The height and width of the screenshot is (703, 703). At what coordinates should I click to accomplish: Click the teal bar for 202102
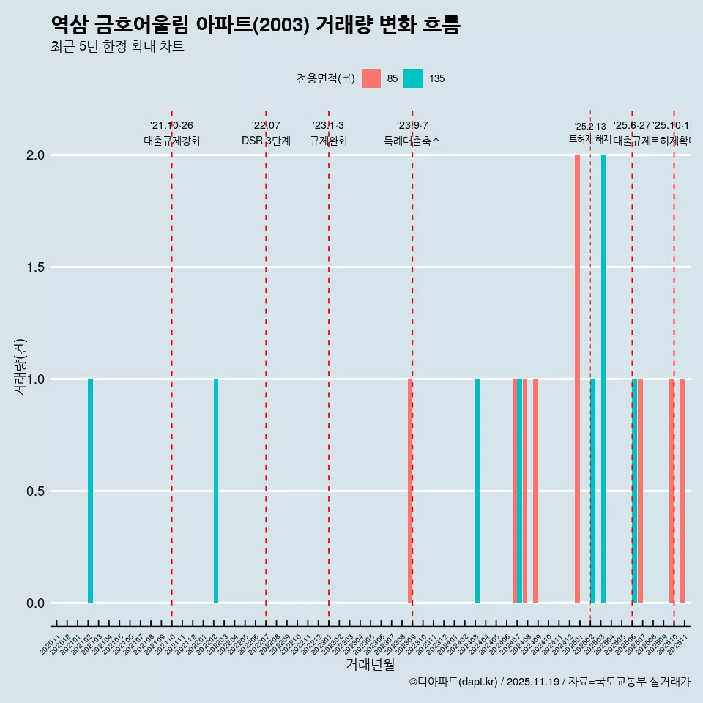pyautogui.click(x=90, y=491)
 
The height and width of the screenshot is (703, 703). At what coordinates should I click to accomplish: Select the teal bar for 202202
pyautogui.click(x=216, y=491)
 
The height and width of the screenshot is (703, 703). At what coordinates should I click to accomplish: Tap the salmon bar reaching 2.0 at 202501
pyautogui.click(x=577, y=379)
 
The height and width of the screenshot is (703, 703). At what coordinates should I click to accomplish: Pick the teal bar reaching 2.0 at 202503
pyautogui.click(x=603, y=379)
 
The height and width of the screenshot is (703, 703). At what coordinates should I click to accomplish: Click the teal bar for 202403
pyautogui.click(x=477, y=491)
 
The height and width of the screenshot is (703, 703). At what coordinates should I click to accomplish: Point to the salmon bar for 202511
pyautogui.click(x=682, y=491)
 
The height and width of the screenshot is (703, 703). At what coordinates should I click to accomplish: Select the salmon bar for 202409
pyautogui.click(x=535, y=491)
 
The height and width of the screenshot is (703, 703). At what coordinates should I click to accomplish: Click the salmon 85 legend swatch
pyautogui.click(x=371, y=78)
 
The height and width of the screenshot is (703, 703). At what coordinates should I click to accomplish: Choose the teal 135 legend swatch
pyautogui.click(x=414, y=78)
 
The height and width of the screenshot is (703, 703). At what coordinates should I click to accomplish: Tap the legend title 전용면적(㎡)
pyautogui.click(x=326, y=78)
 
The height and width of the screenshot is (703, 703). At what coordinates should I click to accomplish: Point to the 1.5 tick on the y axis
pyautogui.click(x=35, y=267)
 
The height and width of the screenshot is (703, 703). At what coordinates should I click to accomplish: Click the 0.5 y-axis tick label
pyautogui.click(x=35, y=491)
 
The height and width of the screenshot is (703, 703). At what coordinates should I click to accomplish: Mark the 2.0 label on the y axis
pyautogui.click(x=35, y=155)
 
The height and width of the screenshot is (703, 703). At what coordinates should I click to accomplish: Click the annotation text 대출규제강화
pyautogui.click(x=172, y=141)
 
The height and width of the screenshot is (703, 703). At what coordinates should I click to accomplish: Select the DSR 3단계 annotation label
pyautogui.click(x=266, y=141)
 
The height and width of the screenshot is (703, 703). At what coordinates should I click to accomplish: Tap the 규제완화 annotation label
pyautogui.click(x=328, y=141)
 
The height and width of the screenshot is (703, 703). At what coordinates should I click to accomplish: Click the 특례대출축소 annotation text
pyautogui.click(x=412, y=141)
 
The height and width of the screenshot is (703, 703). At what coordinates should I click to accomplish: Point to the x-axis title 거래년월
pyautogui.click(x=370, y=665)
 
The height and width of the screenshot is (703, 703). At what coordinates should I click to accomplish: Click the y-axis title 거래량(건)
pyautogui.click(x=20, y=367)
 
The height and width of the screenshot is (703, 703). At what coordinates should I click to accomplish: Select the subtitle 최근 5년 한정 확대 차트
pyautogui.click(x=117, y=47)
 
